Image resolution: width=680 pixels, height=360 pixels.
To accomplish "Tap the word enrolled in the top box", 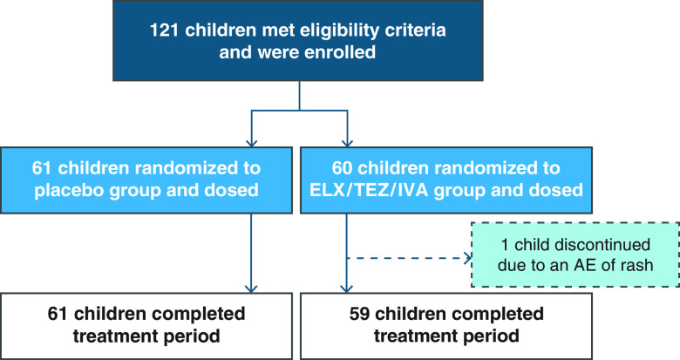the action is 340,52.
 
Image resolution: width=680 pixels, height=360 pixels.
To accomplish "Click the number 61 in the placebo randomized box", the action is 42,168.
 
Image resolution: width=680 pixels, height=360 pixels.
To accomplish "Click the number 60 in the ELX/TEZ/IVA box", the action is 343,168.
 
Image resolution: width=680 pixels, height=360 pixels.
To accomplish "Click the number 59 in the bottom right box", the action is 359,314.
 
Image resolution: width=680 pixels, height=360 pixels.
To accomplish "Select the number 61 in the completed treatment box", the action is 58,314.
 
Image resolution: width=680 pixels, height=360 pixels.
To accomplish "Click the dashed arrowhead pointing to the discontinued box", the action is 468,259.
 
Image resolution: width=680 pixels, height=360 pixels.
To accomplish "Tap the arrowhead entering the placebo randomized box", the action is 252,143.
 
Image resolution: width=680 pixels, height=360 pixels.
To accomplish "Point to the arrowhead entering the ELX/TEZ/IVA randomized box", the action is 347,143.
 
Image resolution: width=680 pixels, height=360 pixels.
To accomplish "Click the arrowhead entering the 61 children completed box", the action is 251,289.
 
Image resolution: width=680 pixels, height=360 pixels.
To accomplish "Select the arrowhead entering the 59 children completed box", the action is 346,289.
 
